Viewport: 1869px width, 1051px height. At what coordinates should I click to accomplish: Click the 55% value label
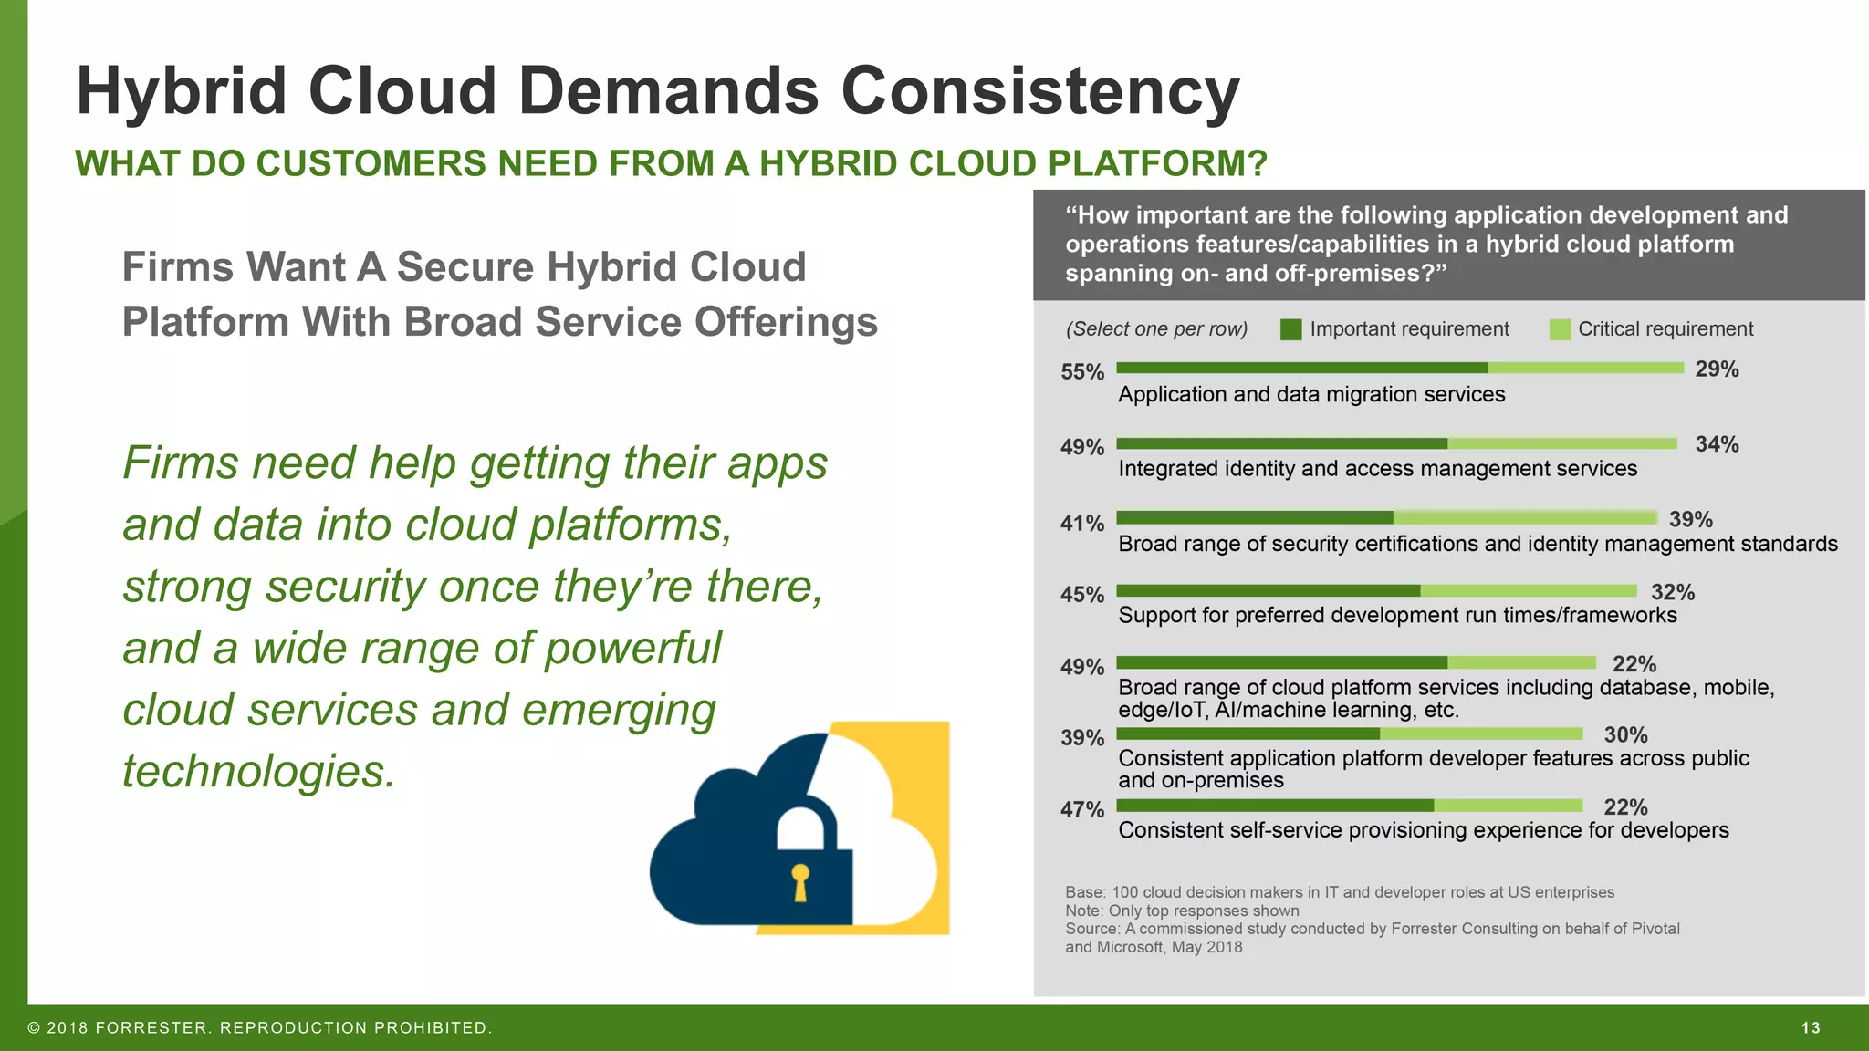click(x=1082, y=372)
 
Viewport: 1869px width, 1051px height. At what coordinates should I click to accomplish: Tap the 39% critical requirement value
click(x=1690, y=519)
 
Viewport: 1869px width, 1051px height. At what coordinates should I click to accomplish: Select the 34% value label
click(x=1717, y=444)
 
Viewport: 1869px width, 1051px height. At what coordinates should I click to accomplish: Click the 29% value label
click(x=1717, y=369)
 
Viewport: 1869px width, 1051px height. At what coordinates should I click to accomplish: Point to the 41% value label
click(x=1082, y=524)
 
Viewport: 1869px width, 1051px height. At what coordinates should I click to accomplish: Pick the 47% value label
click(x=1082, y=810)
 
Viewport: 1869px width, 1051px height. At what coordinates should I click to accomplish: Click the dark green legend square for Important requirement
click(x=1290, y=329)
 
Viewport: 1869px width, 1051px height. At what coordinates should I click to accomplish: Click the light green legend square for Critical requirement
click(x=1560, y=329)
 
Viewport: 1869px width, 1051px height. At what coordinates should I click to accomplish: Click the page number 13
click(x=1811, y=1028)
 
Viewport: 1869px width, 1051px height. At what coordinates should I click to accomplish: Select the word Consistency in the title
click(x=1039, y=91)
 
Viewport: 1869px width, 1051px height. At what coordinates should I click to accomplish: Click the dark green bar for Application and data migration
click(x=1302, y=368)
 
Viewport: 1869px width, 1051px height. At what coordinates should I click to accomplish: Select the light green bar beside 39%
click(x=1524, y=518)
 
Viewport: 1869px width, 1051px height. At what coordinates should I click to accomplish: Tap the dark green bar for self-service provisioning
click(x=1275, y=806)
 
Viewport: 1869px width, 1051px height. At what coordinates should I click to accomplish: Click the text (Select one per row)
click(x=1156, y=329)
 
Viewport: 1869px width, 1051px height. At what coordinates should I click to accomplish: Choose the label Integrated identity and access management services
click(x=1377, y=469)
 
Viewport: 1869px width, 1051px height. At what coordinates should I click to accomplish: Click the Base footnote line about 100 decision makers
click(x=1339, y=892)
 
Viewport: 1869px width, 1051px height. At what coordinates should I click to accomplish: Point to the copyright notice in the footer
click(x=260, y=1028)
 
